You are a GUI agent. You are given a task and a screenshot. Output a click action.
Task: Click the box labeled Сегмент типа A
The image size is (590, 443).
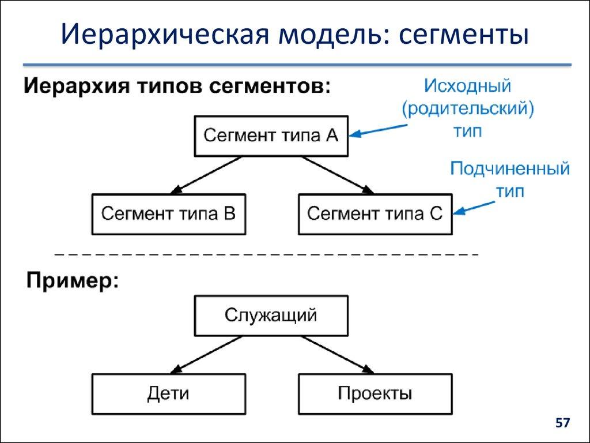click(x=271, y=136)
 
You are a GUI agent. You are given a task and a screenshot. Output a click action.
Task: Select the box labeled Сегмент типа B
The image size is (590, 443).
click(x=168, y=214)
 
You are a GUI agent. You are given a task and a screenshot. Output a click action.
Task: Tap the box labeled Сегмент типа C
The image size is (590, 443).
click(x=375, y=214)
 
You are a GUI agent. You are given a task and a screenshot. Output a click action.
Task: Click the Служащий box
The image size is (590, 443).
click(x=271, y=316)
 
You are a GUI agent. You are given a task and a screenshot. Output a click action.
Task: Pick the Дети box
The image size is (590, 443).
click(x=168, y=393)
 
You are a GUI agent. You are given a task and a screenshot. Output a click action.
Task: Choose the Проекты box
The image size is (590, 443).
click(x=375, y=393)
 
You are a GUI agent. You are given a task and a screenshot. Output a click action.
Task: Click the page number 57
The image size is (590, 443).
click(x=562, y=423)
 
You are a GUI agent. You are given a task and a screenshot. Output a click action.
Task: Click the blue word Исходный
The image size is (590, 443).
click(x=468, y=87)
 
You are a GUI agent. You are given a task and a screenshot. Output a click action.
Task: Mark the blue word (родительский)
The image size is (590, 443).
click(x=467, y=109)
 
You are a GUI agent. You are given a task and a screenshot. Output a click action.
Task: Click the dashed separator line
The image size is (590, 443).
click(x=266, y=254)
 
